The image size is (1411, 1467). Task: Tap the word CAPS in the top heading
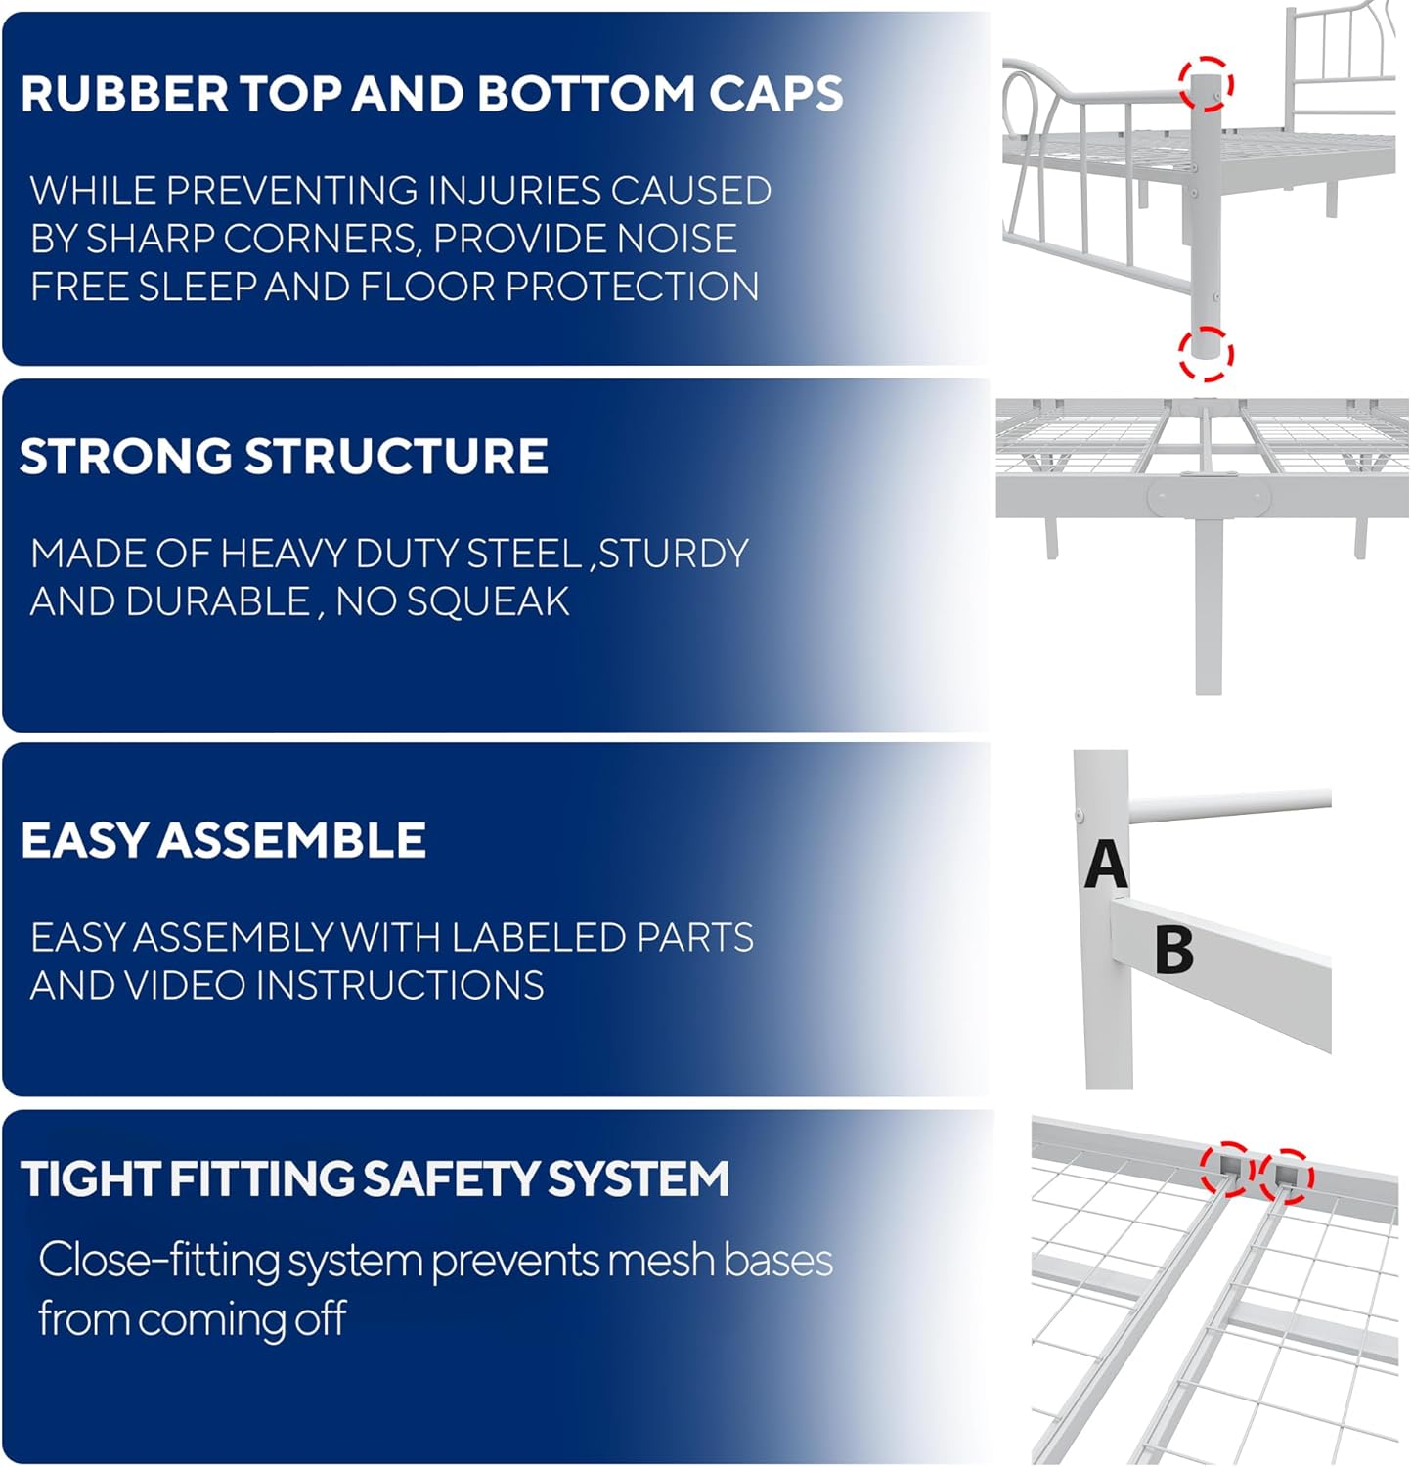775,94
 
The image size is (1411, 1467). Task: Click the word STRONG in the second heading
125,457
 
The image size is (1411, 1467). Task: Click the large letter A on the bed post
1105,865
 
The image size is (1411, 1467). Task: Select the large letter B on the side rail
1173,949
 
